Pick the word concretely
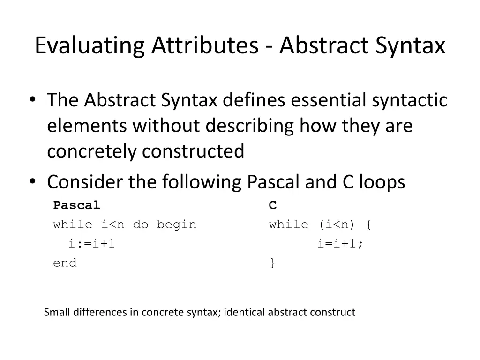pyautogui.click(x=92, y=151)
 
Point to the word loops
pyautogui.click(x=382, y=181)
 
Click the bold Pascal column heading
pyautogui.click(x=76, y=205)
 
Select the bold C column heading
pyautogui.click(x=273, y=205)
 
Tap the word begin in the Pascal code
pyautogui.click(x=176, y=225)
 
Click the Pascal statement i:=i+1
pyautogui.click(x=92, y=243)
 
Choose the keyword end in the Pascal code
pyautogui.click(x=65, y=263)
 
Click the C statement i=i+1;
pyautogui.click(x=340, y=243)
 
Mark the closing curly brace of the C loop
pyautogui.click(x=272, y=263)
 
